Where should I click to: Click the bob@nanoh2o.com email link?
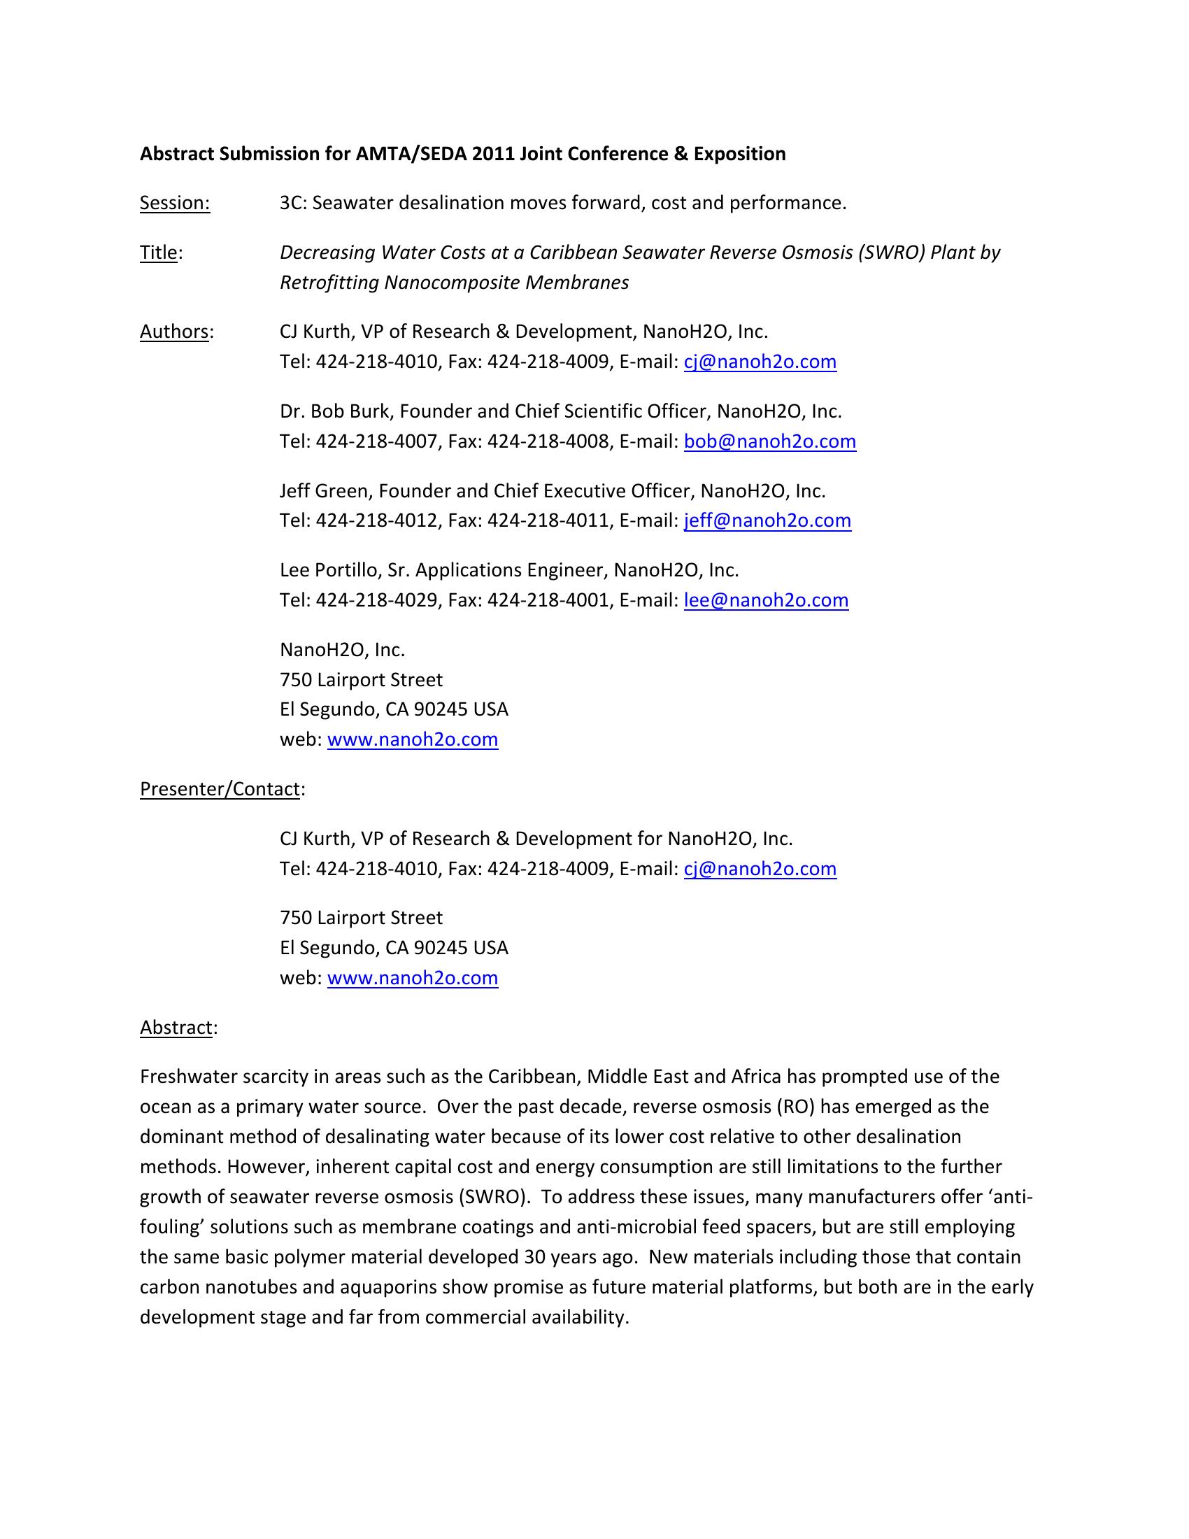click(x=769, y=441)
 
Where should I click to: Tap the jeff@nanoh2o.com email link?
click(x=767, y=520)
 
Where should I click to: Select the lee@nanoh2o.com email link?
click(x=766, y=600)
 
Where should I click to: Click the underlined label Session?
click(x=175, y=203)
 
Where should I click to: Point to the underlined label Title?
click(x=159, y=253)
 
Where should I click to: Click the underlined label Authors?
click(x=175, y=331)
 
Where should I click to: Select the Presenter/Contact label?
click(x=220, y=788)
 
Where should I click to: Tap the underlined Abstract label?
click(x=176, y=1028)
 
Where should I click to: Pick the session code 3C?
click(x=291, y=203)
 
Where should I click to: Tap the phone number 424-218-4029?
click(x=376, y=600)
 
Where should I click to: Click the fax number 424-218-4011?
click(x=548, y=520)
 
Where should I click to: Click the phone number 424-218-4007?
click(x=376, y=441)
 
